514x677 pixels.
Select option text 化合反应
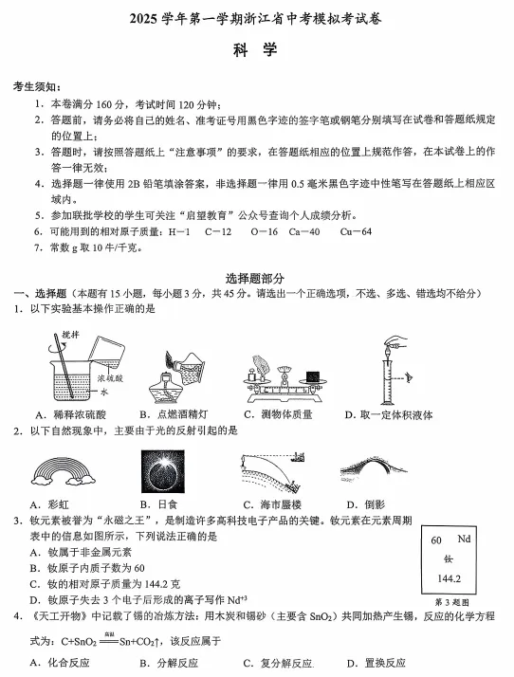coord(59,663)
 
